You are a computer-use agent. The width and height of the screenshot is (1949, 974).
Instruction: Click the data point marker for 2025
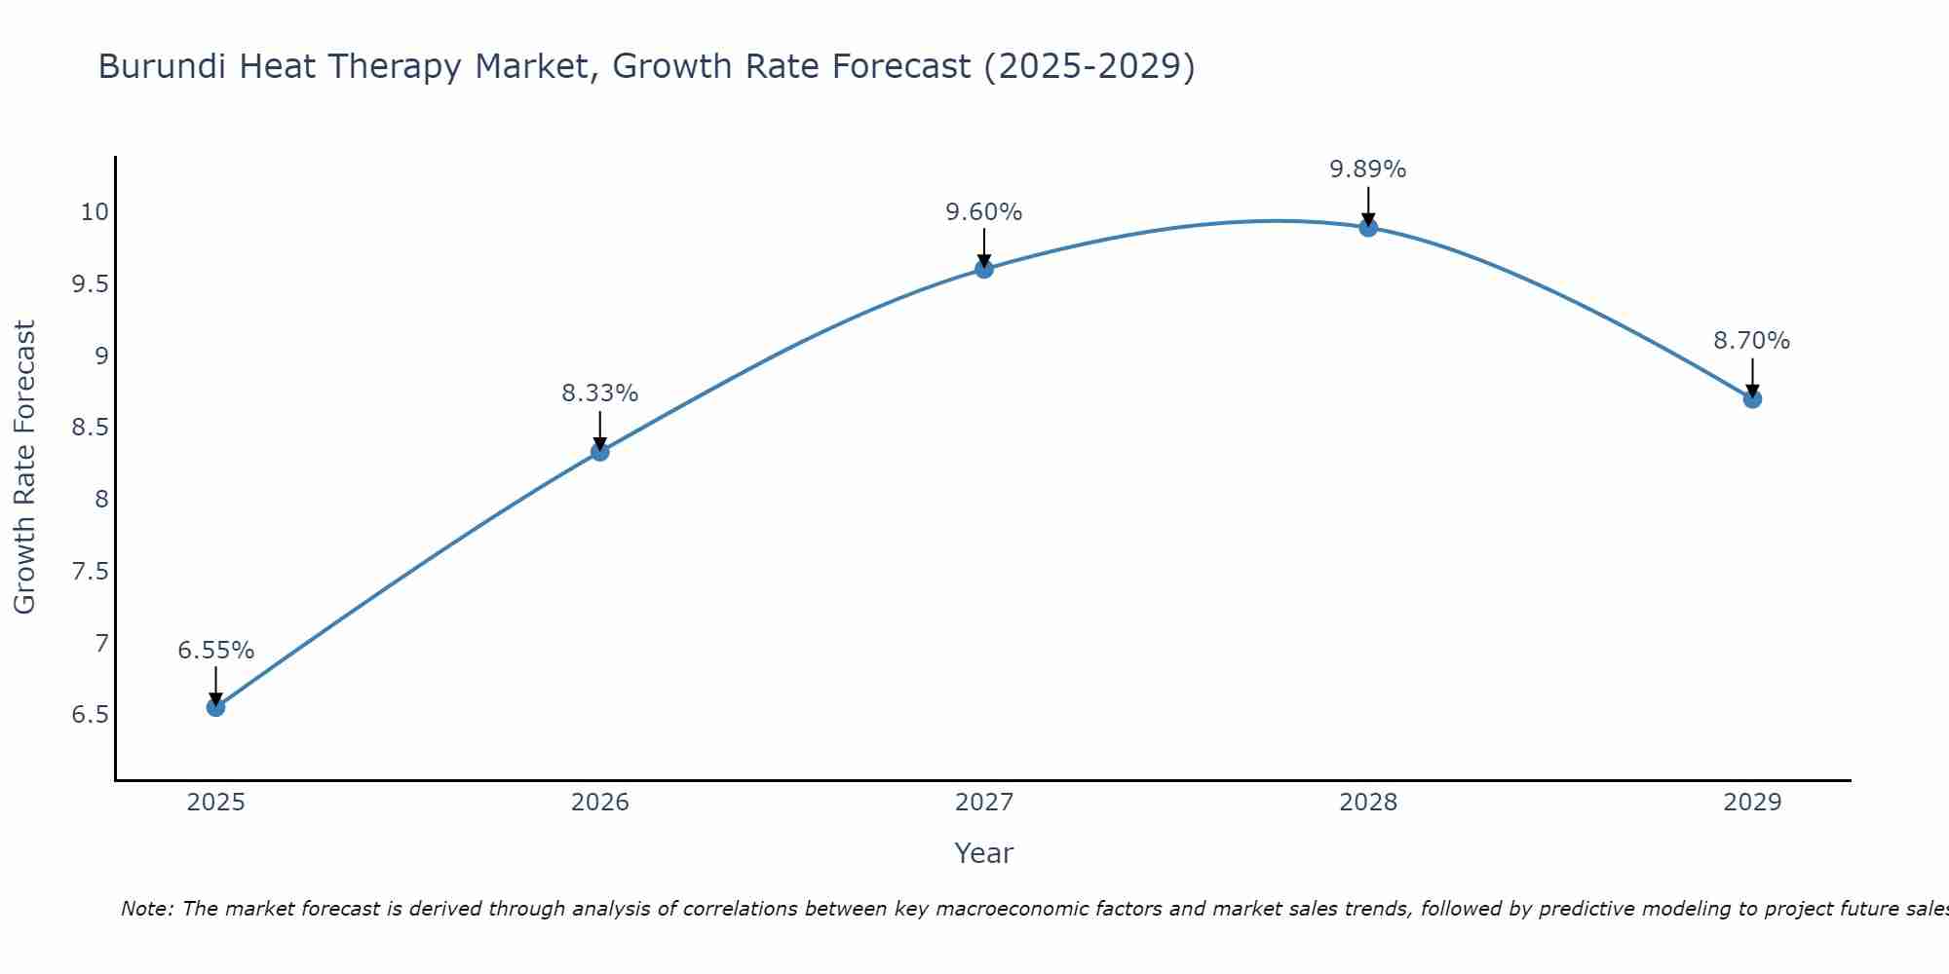[215, 707]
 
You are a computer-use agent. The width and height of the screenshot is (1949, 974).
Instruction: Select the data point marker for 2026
[600, 452]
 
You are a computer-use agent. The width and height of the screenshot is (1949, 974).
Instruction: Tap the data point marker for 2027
[984, 269]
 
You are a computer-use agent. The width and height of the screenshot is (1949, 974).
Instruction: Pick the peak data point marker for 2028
[1368, 228]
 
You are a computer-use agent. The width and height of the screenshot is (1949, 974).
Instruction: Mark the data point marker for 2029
[1752, 398]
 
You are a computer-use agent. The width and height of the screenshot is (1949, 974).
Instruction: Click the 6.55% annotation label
[215, 651]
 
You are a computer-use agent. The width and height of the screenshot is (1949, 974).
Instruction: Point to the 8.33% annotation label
[600, 393]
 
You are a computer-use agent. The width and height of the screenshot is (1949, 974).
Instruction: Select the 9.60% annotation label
[984, 212]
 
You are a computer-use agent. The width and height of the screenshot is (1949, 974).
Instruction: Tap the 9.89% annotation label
[1368, 169]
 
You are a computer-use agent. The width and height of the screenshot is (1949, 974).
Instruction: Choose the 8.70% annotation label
[1752, 341]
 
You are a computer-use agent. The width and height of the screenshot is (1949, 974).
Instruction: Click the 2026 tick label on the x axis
[600, 803]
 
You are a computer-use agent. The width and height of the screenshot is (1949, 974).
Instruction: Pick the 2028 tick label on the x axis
[1368, 803]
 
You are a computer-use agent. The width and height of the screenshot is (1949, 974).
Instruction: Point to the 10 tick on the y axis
[95, 212]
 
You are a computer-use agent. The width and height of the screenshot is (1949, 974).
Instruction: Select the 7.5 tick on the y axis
[91, 572]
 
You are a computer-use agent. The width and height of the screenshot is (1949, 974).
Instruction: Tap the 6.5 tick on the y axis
[91, 715]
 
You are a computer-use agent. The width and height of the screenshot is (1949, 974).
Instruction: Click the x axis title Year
[984, 853]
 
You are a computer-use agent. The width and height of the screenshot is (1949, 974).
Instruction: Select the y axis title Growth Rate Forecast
[25, 468]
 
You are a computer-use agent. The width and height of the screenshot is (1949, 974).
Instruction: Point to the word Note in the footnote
[146, 909]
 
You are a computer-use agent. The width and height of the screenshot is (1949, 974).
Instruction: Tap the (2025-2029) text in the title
[1089, 66]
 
